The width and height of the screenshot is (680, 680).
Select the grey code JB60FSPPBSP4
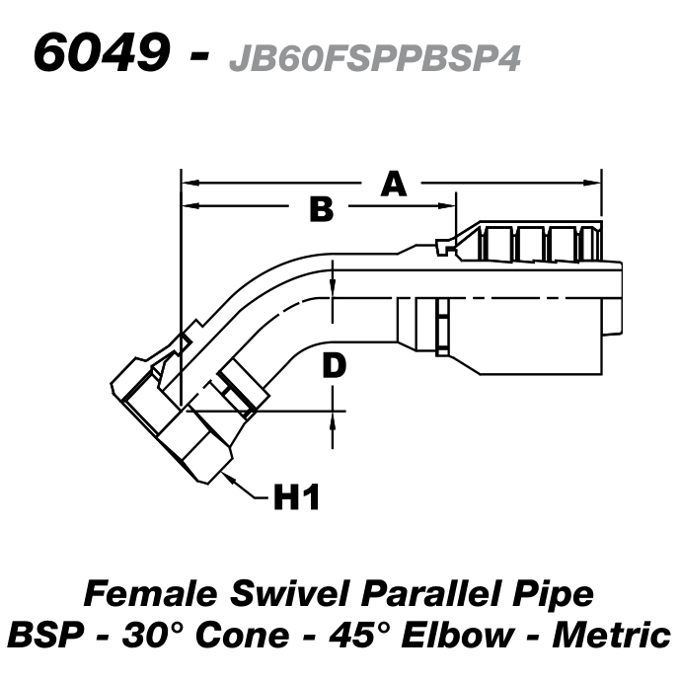[373, 59]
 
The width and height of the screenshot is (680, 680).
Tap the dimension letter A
[394, 184]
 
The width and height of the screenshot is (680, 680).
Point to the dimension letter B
[322, 209]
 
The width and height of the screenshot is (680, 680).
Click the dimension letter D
[335, 366]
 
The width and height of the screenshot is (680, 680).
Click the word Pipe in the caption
[551, 594]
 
